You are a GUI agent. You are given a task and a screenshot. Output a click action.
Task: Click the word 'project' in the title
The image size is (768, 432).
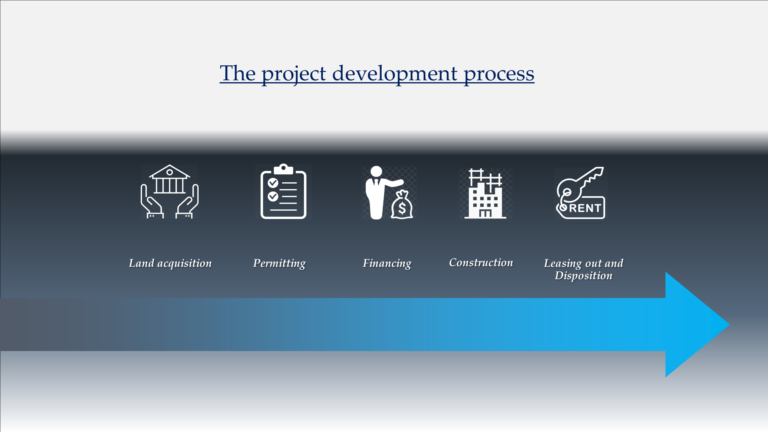point(294,74)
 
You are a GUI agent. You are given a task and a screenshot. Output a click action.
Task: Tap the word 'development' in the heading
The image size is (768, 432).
point(395,74)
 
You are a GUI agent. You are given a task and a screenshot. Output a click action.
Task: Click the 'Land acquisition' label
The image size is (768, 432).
point(170,263)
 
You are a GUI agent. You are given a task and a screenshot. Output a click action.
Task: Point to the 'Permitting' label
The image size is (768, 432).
point(279,263)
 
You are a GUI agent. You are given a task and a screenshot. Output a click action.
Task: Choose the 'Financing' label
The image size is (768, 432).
point(387,263)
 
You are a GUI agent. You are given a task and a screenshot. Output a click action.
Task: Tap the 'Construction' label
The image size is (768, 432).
point(481,262)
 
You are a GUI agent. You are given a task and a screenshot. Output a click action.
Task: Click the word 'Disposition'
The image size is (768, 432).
point(583,276)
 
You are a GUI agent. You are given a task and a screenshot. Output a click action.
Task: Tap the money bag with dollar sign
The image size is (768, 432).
point(402,205)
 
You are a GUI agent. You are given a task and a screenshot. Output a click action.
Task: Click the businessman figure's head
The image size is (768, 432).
point(376,172)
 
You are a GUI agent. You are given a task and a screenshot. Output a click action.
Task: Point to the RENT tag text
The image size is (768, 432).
point(585,208)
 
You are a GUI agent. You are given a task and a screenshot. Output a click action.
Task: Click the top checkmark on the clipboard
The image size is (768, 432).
point(273,182)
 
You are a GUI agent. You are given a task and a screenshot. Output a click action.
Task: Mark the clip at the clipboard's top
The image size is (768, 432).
point(283,169)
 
